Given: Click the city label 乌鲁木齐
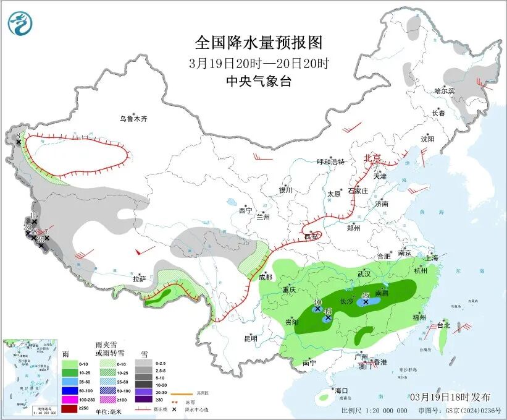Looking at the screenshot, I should click(134, 119).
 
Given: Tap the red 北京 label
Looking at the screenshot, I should click(374, 158).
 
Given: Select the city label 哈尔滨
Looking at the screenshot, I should click(443, 91).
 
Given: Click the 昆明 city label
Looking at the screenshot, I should click(250, 338).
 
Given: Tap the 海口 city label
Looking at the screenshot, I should click(341, 391).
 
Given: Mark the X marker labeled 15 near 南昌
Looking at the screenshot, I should click(366, 302).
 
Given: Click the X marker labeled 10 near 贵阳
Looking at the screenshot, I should click(317, 308).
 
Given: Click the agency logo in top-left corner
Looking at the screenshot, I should click(20, 24).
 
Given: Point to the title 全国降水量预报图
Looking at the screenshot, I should click(259, 43).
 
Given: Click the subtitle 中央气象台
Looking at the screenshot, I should click(259, 82).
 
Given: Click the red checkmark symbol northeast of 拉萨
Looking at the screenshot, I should click(145, 251).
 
